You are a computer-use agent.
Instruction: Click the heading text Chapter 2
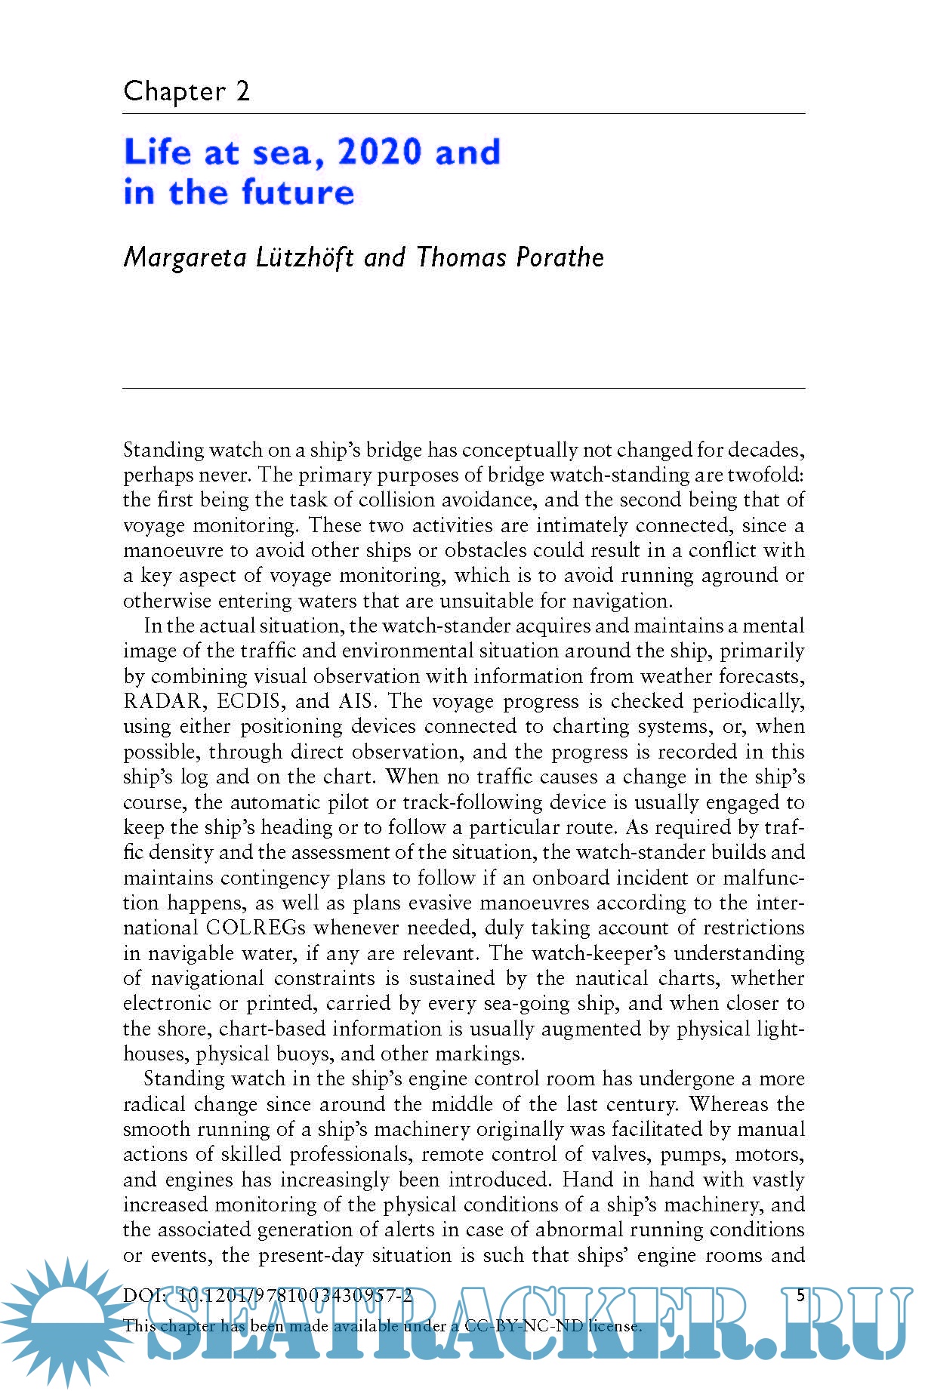tap(187, 91)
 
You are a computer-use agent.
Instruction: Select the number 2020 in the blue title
tap(380, 152)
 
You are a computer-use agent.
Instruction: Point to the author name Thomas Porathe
tap(510, 257)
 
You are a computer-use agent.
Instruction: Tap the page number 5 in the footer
tap(801, 1296)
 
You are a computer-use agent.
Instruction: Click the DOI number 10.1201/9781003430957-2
tap(294, 1297)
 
